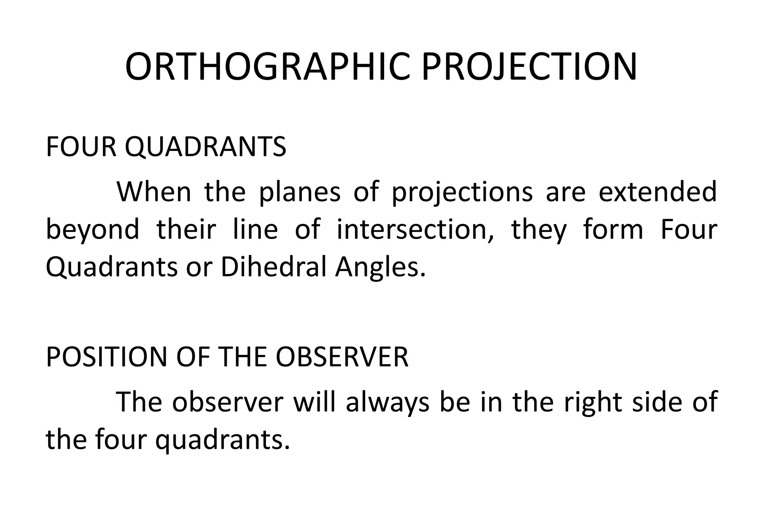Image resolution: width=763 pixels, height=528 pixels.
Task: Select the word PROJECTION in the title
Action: pyautogui.click(x=529, y=67)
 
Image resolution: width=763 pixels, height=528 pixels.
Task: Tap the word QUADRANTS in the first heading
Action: pyautogui.click(x=205, y=147)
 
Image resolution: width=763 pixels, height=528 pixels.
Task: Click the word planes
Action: pyautogui.click(x=300, y=193)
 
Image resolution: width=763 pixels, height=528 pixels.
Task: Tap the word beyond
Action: pyautogui.click(x=92, y=230)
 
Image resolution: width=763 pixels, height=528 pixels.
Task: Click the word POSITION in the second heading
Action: pyautogui.click(x=106, y=357)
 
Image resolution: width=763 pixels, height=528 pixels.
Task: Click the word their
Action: pyautogui.click(x=186, y=229)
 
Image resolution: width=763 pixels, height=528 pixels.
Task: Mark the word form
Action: pyautogui.click(x=613, y=229)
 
